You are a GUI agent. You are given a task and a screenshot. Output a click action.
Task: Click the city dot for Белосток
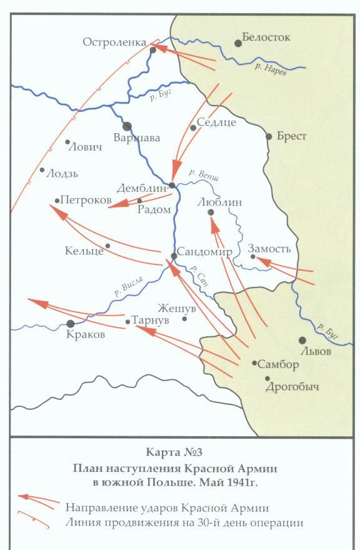click(238, 43)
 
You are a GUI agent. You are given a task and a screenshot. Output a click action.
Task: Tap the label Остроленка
click(114, 41)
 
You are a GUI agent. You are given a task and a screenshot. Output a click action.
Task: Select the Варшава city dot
click(127, 126)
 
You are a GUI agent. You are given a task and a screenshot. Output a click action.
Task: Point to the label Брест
click(291, 136)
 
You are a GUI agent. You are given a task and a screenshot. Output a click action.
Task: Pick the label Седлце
click(216, 122)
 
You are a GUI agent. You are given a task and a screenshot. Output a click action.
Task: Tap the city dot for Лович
click(68, 142)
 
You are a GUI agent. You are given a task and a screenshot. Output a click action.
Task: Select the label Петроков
click(86, 201)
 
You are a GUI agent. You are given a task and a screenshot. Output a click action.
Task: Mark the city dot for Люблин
click(211, 212)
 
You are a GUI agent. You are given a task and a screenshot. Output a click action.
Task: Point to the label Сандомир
click(204, 252)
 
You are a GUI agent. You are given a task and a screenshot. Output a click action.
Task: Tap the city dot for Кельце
click(107, 246)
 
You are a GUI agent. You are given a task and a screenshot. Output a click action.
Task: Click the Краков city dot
click(71, 323)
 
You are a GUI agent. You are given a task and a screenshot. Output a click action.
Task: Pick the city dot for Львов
click(302, 340)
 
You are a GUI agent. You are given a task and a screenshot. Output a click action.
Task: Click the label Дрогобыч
click(292, 387)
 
